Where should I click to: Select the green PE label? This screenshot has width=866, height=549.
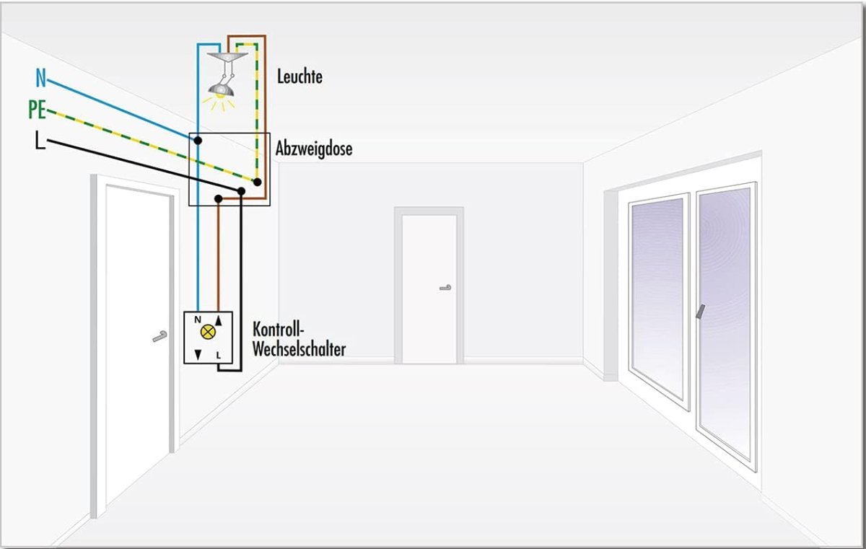pos(38,110)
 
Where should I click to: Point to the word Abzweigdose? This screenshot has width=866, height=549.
pos(314,150)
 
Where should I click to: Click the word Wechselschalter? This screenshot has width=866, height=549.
pos(299,349)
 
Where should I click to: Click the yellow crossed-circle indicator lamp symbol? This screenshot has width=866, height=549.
pos(209,333)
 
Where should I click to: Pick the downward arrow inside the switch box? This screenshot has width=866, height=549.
pos(198,355)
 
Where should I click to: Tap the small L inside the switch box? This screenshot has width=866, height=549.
pos(219,355)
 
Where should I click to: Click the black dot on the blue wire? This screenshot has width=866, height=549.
pos(197,139)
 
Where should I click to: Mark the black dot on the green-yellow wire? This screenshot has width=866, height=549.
pos(256,182)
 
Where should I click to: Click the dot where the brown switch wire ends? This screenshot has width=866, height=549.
pos(219,198)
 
